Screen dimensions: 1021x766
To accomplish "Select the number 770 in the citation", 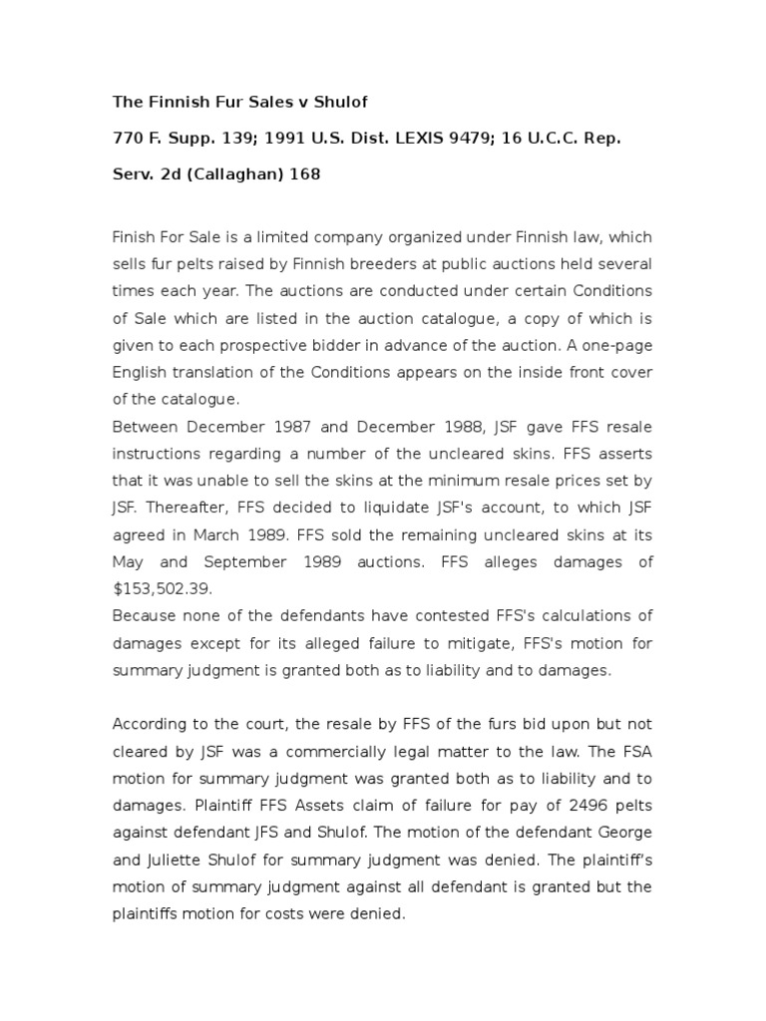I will pyautogui.click(x=127, y=138).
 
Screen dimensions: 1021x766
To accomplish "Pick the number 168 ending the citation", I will pyautogui.click(x=304, y=174).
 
